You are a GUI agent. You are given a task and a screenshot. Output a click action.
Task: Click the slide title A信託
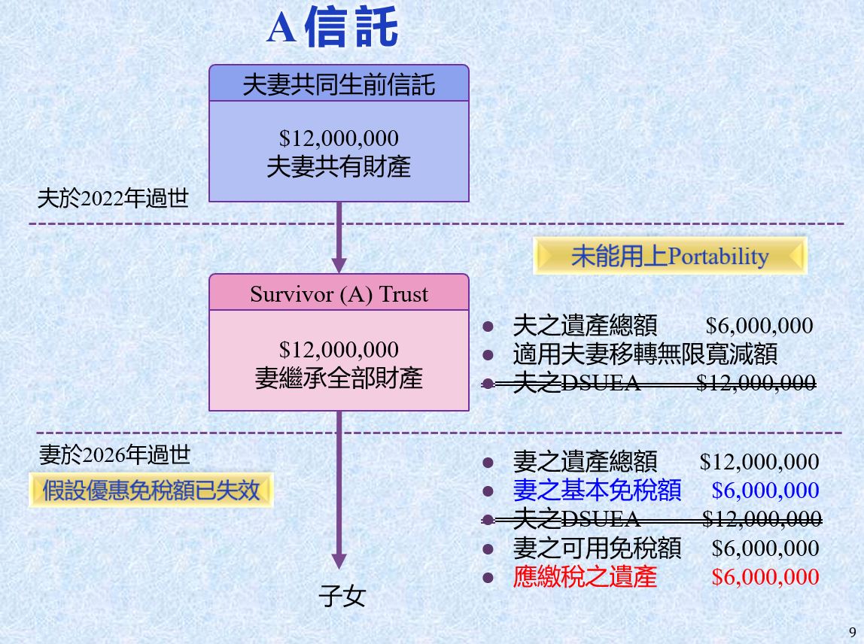pyautogui.click(x=332, y=27)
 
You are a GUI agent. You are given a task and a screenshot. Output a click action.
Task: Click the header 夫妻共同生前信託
pyautogui.click(x=339, y=85)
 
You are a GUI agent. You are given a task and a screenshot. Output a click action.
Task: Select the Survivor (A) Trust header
pyautogui.click(x=339, y=293)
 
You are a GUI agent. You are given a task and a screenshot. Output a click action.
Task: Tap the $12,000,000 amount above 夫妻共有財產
pyautogui.click(x=339, y=138)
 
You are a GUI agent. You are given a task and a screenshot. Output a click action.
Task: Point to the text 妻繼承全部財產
pyautogui.click(x=339, y=378)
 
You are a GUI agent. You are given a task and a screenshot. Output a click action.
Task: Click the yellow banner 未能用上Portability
pyautogui.click(x=670, y=256)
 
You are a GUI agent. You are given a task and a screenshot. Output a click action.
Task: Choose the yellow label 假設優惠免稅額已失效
pyautogui.click(x=151, y=490)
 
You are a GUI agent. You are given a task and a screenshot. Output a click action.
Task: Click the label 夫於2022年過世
pyautogui.click(x=113, y=199)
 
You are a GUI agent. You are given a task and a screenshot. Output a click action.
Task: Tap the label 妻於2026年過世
pyautogui.click(x=114, y=455)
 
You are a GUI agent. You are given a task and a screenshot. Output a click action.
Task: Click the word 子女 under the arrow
pyautogui.click(x=342, y=596)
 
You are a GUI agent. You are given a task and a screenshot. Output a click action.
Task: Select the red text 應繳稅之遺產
pyautogui.click(x=585, y=577)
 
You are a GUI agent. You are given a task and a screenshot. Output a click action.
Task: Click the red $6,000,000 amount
pyautogui.click(x=765, y=577)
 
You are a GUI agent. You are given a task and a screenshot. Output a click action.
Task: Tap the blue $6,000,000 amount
pyautogui.click(x=765, y=491)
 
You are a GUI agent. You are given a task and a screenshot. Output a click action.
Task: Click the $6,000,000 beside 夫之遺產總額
pyautogui.click(x=759, y=326)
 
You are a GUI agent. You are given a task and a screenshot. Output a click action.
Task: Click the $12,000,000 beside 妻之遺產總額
pyautogui.click(x=759, y=462)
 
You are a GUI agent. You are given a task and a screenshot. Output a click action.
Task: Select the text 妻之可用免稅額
pyautogui.click(x=597, y=548)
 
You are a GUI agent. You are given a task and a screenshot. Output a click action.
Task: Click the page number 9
pyautogui.click(x=853, y=632)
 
